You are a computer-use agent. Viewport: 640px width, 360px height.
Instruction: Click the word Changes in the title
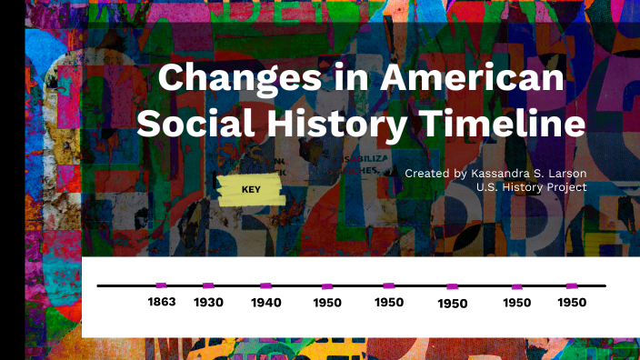241,80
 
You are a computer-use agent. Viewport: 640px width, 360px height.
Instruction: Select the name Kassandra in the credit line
502,173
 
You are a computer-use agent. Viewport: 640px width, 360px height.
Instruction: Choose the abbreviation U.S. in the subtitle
488,187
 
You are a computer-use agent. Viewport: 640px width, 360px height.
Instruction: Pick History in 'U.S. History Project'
523,187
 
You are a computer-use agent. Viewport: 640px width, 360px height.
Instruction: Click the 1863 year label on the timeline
161,301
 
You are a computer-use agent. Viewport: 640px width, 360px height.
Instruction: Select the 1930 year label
208,302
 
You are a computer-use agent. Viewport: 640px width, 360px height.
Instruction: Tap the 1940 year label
265,302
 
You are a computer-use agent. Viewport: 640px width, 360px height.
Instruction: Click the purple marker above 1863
161,285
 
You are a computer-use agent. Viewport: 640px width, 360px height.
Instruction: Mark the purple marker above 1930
208,285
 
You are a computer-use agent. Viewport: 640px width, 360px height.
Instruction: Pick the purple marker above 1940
265,285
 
